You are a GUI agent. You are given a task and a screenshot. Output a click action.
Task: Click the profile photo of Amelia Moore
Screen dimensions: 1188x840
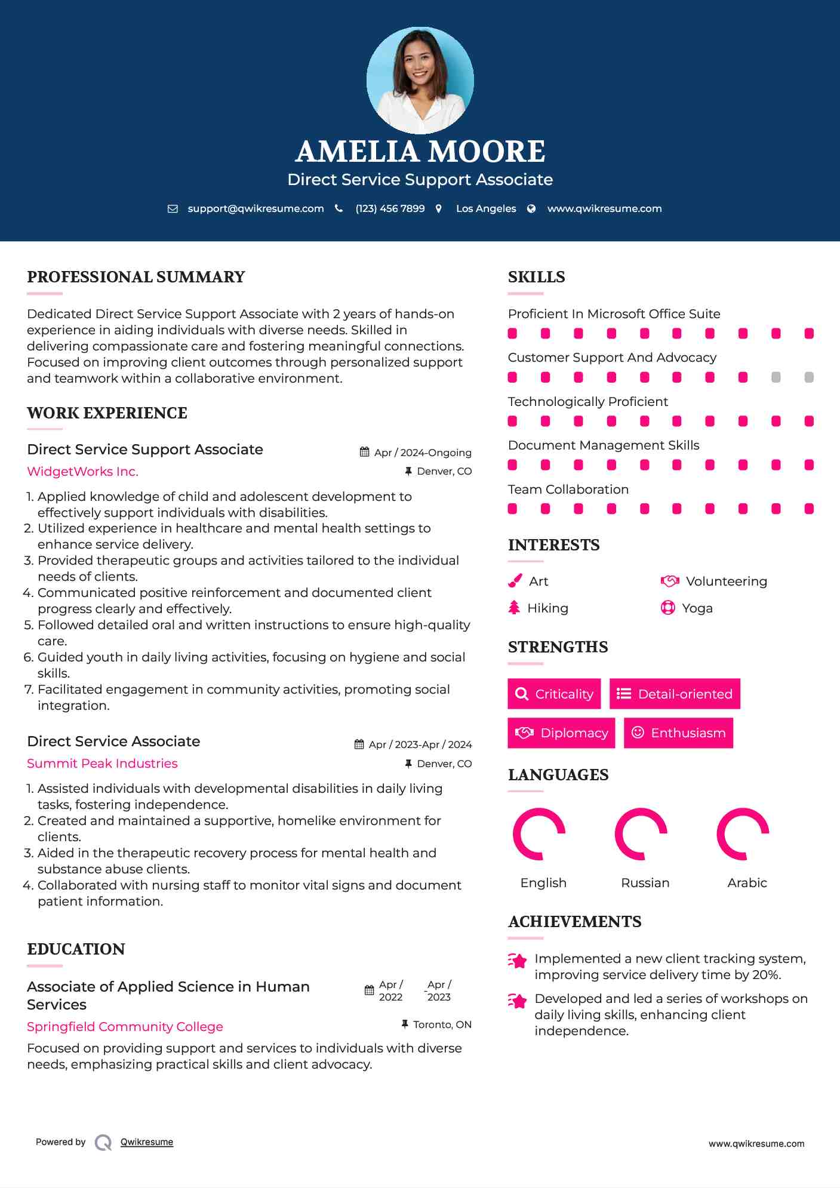point(420,80)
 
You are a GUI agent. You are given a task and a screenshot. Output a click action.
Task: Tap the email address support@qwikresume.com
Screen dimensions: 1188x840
point(256,208)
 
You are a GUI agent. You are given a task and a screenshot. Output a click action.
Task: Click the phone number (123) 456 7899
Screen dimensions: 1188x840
point(390,208)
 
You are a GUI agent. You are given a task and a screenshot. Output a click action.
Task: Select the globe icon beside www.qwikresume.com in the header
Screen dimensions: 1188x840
point(531,208)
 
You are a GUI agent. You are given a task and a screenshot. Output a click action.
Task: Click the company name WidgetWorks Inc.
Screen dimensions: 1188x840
point(82,472)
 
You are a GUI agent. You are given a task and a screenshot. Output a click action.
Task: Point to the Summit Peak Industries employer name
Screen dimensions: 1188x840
point(102,764)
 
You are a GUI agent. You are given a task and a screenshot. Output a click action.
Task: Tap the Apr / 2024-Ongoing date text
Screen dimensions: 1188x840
point(423,453)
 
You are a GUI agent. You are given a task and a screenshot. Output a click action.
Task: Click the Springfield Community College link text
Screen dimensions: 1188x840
point(125,1027)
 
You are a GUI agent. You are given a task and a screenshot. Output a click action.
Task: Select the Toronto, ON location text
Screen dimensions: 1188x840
point(442,1024)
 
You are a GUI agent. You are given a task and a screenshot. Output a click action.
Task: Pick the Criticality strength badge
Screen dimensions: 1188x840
point(554,694)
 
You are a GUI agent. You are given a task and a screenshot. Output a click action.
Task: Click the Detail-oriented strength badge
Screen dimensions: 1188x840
point(675,694)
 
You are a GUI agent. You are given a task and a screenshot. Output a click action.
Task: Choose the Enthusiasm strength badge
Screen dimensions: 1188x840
point(678,733)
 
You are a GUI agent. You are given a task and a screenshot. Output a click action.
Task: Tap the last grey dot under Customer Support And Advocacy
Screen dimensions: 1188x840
point(809,377)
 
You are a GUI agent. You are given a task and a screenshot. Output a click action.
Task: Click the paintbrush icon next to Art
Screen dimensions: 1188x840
point(515,581)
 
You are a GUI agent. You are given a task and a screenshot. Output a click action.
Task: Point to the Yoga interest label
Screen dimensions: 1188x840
point(697,608)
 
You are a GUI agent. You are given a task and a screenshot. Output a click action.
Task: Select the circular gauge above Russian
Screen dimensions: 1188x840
point(641,834)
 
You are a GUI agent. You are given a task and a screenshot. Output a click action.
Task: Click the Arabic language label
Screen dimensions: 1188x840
point(747,883)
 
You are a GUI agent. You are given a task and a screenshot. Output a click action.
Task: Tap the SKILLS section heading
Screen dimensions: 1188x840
point(536,277)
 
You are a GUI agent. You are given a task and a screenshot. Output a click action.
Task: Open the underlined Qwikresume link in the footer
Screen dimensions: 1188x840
point(147,1142)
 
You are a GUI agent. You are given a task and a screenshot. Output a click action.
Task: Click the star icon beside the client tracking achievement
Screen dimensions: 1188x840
point(518,961)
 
